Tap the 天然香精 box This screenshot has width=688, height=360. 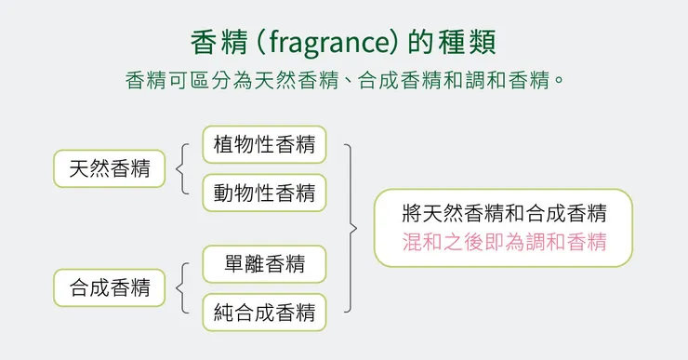point(109,168)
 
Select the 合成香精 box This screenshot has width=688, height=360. point(109,287)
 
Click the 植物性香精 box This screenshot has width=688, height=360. point(264,145)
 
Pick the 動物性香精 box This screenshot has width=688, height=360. point(264,193)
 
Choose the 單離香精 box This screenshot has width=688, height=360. point(264,264)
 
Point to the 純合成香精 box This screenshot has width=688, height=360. point(264,312)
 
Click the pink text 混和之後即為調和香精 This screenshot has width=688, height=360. point(504,243)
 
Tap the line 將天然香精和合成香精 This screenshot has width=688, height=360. point(504,213)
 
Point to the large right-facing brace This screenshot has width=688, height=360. point(351,228)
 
